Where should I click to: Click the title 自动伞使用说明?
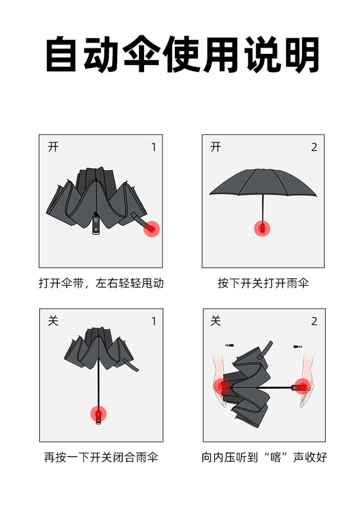[182, 56]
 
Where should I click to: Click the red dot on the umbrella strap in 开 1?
[152, 229]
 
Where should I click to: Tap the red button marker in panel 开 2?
[262, 228]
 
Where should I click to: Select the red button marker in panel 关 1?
[98, 414]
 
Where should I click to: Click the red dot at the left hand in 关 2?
[223, 387]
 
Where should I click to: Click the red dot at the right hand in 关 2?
[302, 387]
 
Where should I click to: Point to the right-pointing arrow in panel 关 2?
[229, 346]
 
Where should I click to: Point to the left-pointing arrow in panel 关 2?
[298, 347]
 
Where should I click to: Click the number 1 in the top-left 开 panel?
[154, 148]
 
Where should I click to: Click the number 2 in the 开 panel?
[314, 148]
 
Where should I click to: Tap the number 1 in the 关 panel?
[154, 321]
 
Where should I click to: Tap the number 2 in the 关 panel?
[314, 321]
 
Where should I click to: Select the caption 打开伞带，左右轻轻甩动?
[101, 283]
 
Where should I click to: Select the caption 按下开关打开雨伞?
[263, 283]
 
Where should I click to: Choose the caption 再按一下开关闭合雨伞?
[101, 457]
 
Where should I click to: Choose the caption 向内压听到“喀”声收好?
[264, 457]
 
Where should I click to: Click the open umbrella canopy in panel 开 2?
[263, 182]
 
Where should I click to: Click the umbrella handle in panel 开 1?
[96, 224]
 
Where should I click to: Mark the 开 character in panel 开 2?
[216, 147]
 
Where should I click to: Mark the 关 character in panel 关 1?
[53, 321]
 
